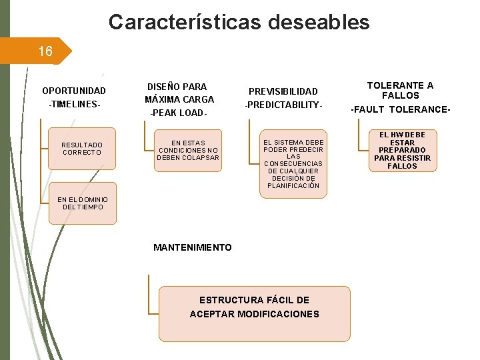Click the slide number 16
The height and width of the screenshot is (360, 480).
pyautogui.click(x=45, y=51)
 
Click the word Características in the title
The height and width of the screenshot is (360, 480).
pyautogui.click(x=184, y=22)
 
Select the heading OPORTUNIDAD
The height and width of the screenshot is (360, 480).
pyautogui.click(x=73, y=91)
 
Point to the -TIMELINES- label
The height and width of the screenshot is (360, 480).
pyautogui.click(x=73, y=105)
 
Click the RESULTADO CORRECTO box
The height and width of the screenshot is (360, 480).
pyautogui.click(x=82, y=149)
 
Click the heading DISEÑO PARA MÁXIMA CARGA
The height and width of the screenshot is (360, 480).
pyautogui.click(x=179, y=93)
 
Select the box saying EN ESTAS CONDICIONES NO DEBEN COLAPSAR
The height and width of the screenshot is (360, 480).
pyautogui.click(x=188, y=150)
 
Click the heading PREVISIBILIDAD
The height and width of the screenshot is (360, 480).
pyautogui.click(x=283, y=91)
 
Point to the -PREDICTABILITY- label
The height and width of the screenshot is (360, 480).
pyautogui.click(x=283, y=106)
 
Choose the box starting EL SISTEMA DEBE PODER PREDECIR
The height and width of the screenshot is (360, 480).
pyautogui.click(x=293, y=164)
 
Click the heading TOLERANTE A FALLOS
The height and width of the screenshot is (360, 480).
pyautogui.click(x=400, y=90)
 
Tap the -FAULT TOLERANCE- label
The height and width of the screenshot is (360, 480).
pyautogui.click(x=401, y=109)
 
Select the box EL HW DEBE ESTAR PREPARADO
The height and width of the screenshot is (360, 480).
pyautogui.click(x=402, y=151)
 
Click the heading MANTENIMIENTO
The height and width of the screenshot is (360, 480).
pyautogui.click(x=193, y=247)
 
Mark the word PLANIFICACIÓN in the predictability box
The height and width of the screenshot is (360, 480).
pyautogui.click(x=293, y=186)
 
